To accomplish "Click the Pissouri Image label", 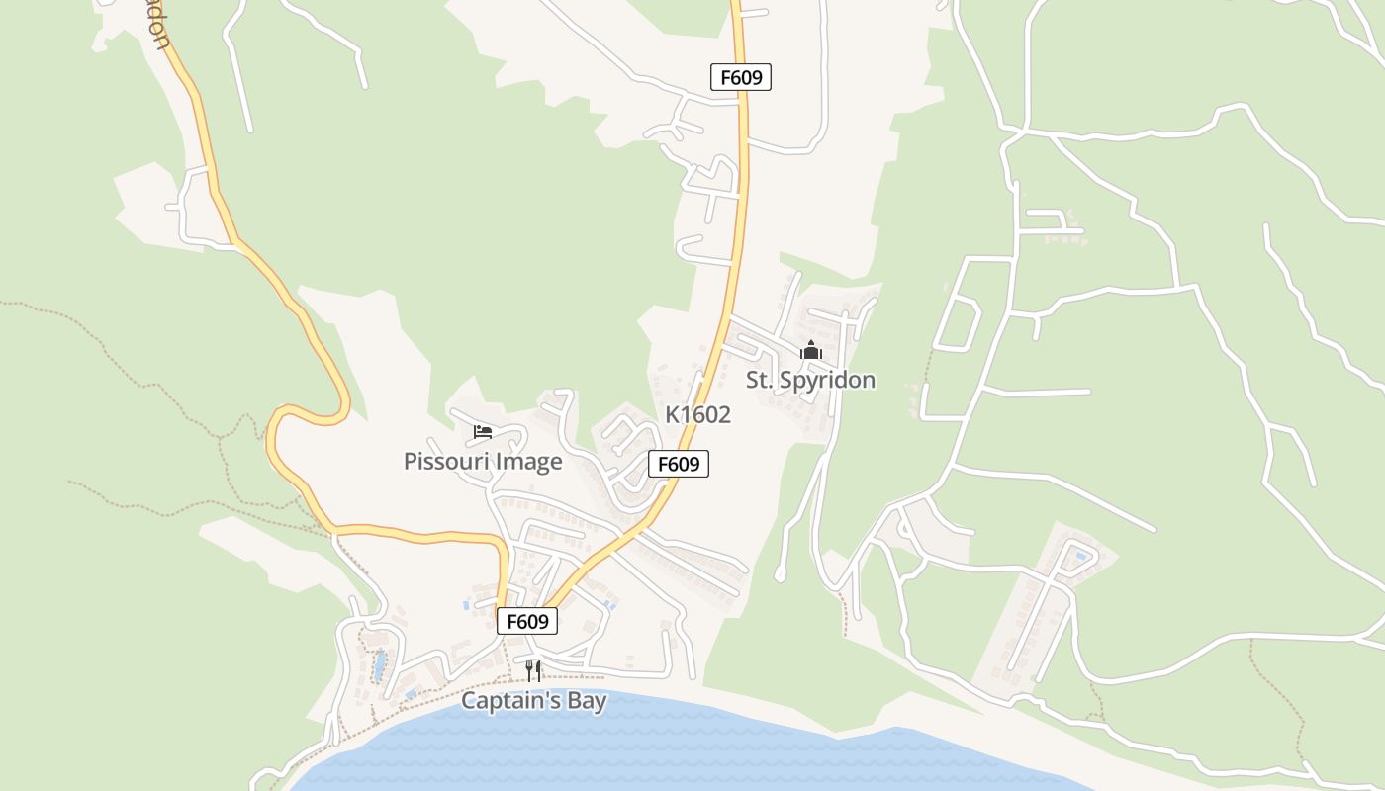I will pos(483,462).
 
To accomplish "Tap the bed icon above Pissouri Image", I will pos(483,431).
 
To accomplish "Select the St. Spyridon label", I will pos(810,380).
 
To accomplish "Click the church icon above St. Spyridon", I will pos(810,350).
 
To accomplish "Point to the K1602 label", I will pos(697,415).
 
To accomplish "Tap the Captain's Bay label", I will pos(533,701).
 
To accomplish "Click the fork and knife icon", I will pos(533,671).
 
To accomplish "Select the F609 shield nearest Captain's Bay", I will pos(527,621).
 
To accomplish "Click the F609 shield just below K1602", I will pos(679,464).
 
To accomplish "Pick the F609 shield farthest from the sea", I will pos(741,77).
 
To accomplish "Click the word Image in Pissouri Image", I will pos(528,462).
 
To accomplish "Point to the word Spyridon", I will pos(829,380).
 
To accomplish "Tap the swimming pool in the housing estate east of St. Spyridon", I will pos(1081,557).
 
